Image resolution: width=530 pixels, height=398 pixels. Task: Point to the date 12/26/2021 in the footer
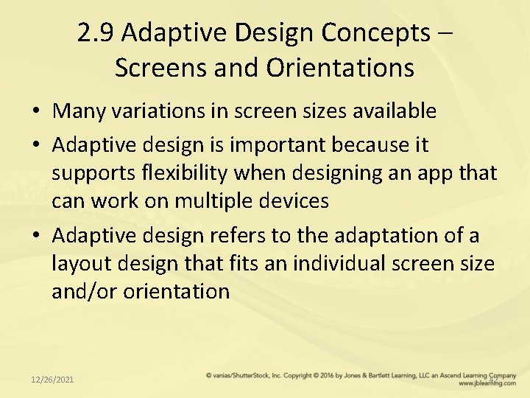click(52, 379)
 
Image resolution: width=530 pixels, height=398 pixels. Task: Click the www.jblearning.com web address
click(487, 383)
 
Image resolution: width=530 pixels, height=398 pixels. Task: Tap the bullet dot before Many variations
click(37, 112)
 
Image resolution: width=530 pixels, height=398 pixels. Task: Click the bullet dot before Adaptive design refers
click(37, 237)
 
